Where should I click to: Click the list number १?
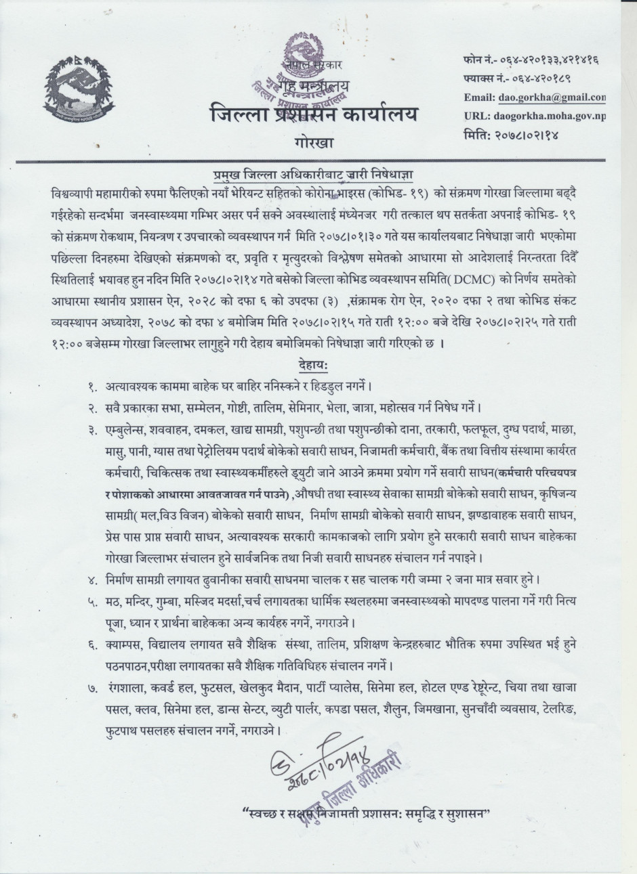[92, 387]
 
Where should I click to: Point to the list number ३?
[92, 430]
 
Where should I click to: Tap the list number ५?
[92, 601]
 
